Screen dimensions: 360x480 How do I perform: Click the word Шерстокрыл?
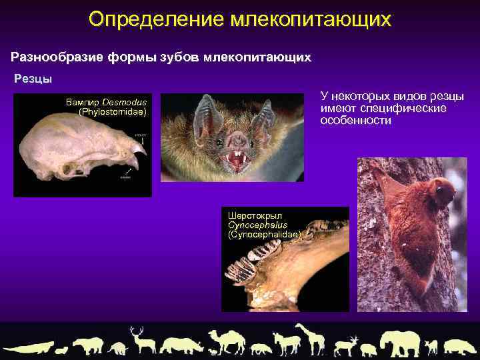pos(255,216)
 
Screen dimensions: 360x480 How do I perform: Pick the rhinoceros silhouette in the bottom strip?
pos(182,345)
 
